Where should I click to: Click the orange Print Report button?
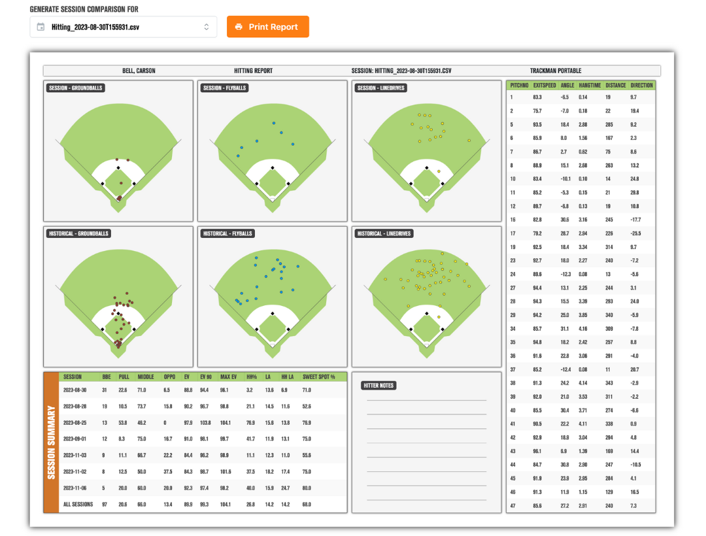267,27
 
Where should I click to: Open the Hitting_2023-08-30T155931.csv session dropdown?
124,27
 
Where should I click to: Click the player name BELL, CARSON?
139,71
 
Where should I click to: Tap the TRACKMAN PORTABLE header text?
555,71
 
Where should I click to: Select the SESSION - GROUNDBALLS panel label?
76,88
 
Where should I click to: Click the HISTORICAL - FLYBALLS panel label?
227,233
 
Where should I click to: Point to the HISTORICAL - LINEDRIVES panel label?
384,233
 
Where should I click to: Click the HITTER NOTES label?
378,385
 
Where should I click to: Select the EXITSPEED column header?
545,85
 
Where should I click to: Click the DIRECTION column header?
642,85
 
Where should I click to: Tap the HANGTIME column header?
590,85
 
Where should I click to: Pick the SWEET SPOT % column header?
318,377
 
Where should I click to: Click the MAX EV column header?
228,377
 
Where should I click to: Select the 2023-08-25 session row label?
75,422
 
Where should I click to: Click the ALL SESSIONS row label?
78,504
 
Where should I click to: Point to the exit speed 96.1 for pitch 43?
537,451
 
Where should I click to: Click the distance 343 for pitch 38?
609,383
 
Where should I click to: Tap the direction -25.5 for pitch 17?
636,233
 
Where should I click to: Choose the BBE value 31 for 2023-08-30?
105,390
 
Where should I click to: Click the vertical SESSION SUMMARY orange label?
52,443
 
